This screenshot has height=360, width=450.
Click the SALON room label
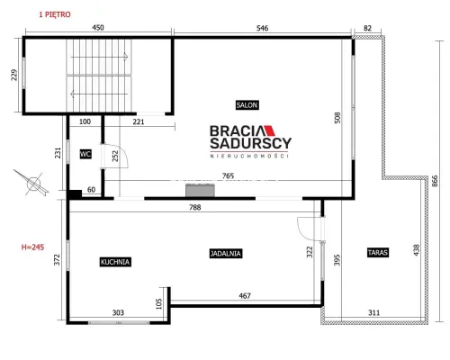click(x=247, y=105)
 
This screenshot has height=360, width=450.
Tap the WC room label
click(x=85, y=154)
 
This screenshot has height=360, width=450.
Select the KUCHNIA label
click(x=115, y=262)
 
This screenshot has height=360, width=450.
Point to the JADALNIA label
click(x=226, y=254)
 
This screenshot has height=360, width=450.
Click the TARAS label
click(x=378, y=252)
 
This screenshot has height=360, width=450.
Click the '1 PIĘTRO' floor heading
click(x=55, y=14)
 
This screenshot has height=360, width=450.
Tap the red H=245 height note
click(x=32, y=247)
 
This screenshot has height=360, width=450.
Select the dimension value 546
click(x=262, y=28)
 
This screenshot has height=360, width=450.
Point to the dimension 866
click(x=435, y=181)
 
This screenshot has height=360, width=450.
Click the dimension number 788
click(x=195, y=207)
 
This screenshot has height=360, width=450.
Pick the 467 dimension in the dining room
click(x=245, y=296)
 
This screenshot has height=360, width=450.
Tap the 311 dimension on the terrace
click(x=373, y=312)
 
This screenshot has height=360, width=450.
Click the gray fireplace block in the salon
click(x=200, y=191)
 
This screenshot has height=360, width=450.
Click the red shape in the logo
click(x=269, y=130)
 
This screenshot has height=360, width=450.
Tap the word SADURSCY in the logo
click(x=250, y=143)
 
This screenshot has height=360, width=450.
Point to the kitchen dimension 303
click(x=118, y=312)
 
